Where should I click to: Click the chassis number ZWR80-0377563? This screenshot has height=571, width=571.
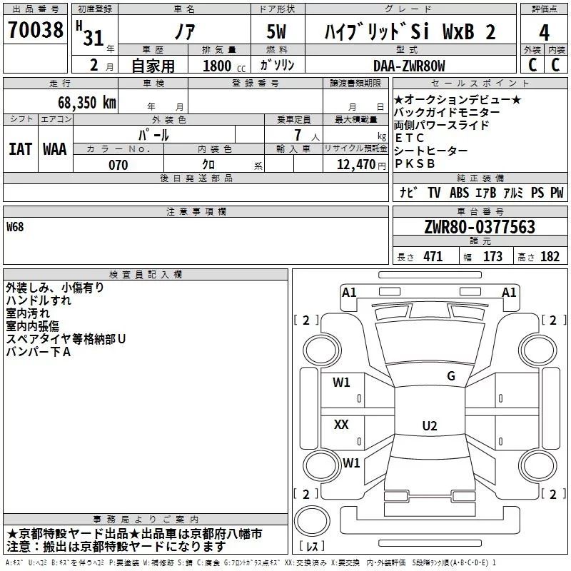479,227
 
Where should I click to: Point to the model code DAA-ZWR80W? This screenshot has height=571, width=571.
409,66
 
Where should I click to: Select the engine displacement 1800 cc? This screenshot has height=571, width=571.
217,66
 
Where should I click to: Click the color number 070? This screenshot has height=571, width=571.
117,165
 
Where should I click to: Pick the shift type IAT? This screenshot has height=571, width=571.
20,149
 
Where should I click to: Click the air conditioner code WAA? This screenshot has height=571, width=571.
55,149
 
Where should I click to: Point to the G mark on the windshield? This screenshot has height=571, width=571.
450,376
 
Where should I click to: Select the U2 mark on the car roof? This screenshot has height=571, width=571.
429,426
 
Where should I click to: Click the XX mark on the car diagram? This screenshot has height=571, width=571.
341,425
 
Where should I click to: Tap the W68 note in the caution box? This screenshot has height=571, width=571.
15,227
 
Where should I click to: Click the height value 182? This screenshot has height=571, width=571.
550,257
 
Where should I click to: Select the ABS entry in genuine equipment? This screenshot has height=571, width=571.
459,193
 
